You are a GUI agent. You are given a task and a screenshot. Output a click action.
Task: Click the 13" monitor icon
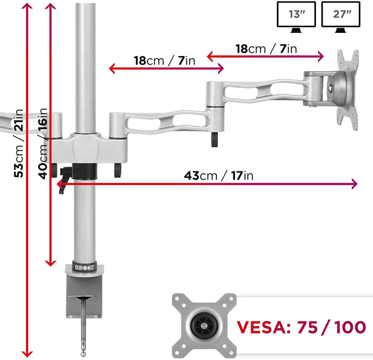coord(296,17)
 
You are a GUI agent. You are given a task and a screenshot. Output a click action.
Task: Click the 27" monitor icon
coord(341,17)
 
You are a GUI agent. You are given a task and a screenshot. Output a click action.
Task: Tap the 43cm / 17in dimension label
coord(219,176)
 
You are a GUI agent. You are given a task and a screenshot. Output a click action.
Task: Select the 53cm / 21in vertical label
coord(18,143)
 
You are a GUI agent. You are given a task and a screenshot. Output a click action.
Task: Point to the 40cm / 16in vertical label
coord(43,143)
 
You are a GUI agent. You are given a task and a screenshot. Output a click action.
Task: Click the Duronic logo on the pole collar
coord(85,267)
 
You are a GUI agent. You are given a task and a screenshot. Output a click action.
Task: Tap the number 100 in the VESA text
coord(350,327)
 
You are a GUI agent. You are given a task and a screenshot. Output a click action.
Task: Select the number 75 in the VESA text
coord(307,327)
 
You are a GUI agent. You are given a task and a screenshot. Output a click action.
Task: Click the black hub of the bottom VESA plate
coord(204,326)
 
